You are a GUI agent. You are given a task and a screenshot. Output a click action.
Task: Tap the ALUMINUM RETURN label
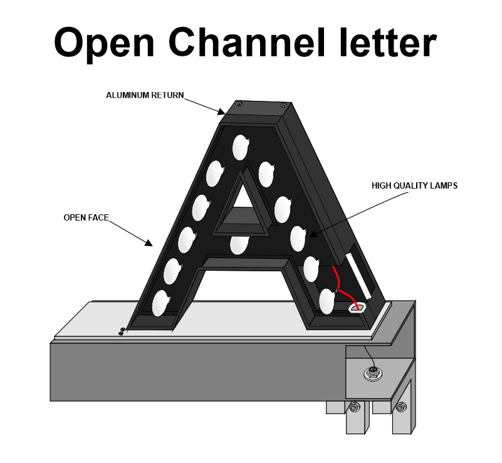(x=145, y=95)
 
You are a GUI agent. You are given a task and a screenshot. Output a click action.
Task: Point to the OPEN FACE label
(x=86, y=217)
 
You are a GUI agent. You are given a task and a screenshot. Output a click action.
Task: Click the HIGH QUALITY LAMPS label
(x=414, y=185)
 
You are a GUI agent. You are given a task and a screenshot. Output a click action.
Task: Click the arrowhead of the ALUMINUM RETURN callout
(x=221, y=112)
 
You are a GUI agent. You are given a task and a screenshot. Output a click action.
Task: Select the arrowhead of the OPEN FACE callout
(x=149, y=242)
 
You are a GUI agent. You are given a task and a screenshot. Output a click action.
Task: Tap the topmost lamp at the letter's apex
(x=241, y=147)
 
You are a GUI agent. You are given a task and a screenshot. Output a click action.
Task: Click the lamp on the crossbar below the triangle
(x=238, y=244)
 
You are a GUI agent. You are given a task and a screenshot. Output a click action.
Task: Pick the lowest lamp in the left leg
(x=160, y=303)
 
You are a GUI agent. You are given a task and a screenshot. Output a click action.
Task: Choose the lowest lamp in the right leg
(x=327, y=301)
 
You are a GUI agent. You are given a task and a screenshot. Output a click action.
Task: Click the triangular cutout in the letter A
(x=241, y=207)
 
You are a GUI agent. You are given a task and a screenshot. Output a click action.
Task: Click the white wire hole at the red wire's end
(x=357, y=308)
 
